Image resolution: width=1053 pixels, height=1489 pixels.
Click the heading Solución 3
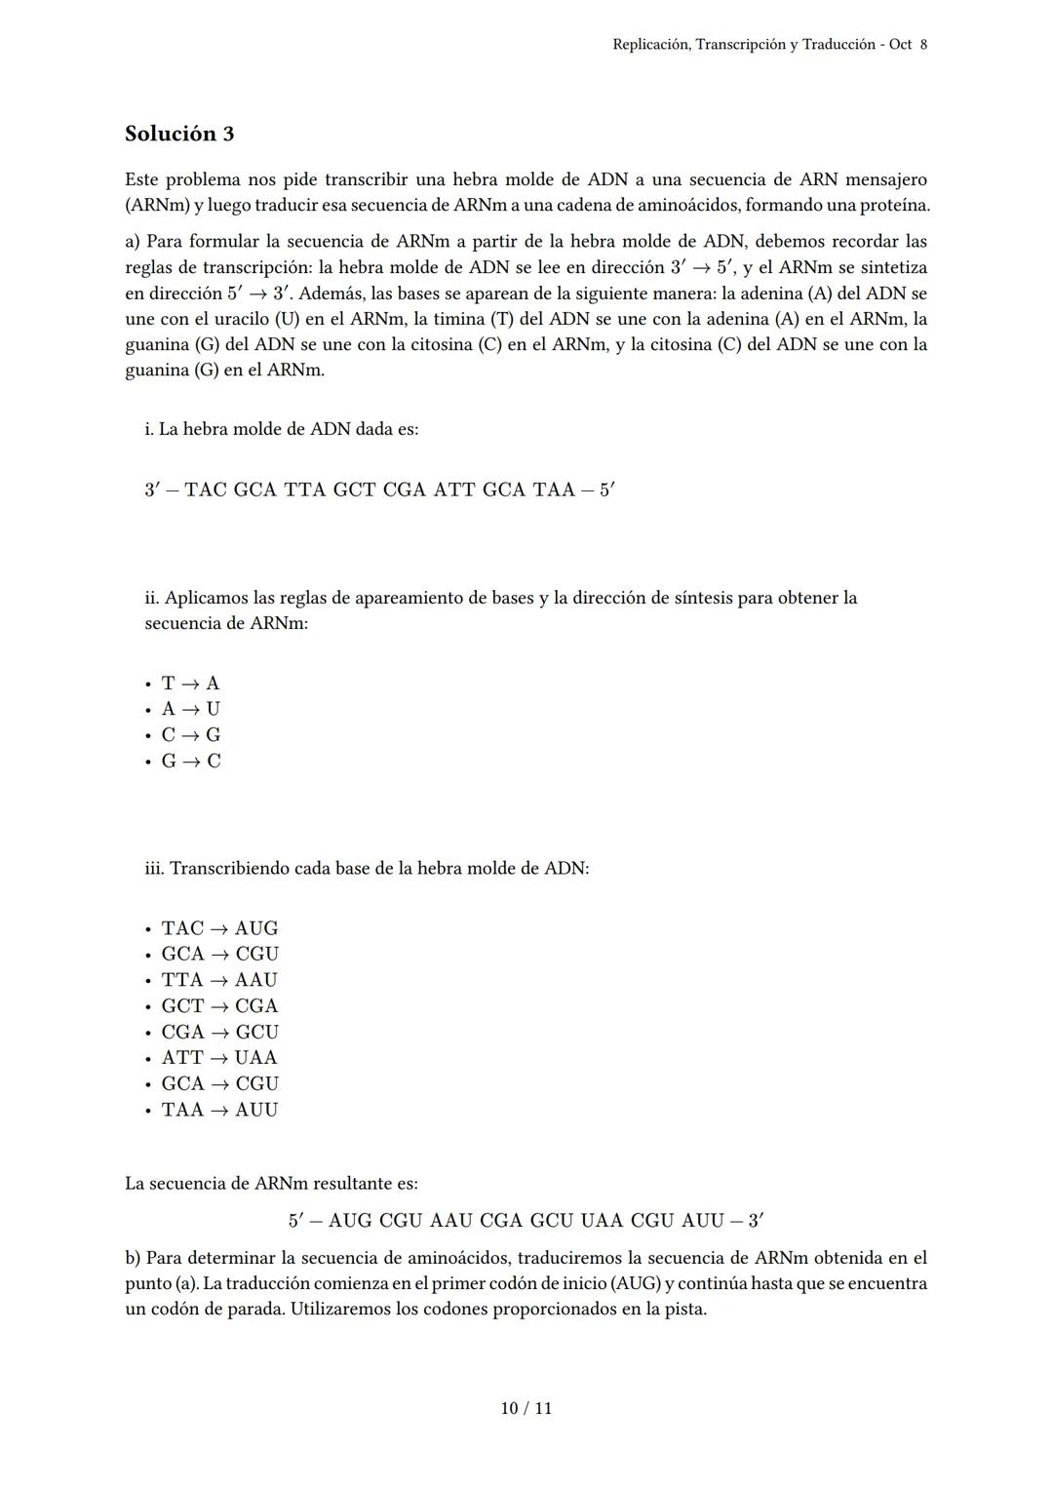(x=179, y=134)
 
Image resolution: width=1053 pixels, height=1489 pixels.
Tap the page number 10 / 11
(x=526, y=1408)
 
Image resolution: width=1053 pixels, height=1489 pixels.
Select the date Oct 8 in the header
(x=908, y=45)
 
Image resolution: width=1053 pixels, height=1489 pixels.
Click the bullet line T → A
(x=191, y=684)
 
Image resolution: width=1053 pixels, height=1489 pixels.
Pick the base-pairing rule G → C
(x=191, y=762)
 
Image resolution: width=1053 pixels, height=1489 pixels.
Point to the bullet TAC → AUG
(x=219, y=928)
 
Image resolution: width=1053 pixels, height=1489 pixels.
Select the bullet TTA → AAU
(x=219, y=980)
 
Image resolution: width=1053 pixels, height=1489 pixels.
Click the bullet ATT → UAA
(x=219, y=1058)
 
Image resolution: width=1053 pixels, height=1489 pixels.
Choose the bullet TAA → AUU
(x=219, y=1110)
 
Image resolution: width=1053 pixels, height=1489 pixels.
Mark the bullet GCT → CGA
(x=219, y=1006)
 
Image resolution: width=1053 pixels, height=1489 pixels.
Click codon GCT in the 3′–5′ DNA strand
(x=354, y=490)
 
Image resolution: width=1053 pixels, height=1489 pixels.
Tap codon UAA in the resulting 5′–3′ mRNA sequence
(x=602, y=1221)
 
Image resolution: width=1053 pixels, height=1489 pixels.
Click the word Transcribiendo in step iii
(x=228, y=868)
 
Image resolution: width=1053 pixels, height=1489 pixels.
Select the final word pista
(x=684, y=1310)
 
